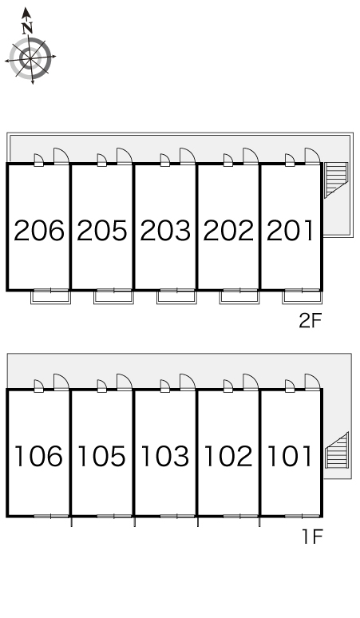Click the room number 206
(38, 231)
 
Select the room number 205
(102, 231)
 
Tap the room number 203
(165, 231)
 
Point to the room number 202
(228, 231)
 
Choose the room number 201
(291, 231)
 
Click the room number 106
(38, 456)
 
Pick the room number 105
(101, 456)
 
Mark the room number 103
(164, 456)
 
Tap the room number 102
(228, 456)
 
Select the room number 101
(290, 456)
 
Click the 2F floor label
(311, 321)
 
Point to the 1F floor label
(312, 537)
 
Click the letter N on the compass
(27, 29)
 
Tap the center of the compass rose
(30, 58)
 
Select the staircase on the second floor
(335, 180)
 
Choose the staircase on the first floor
(337, 450)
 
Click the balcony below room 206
(50, 297)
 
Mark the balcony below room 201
(302, 297)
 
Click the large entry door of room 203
(188, 156)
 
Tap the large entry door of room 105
(125, 382)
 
